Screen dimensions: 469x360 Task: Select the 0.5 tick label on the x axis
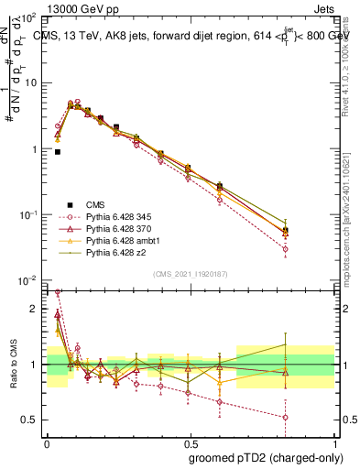(x=190, y=441)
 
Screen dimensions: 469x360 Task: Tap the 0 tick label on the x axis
(x=47, y=441)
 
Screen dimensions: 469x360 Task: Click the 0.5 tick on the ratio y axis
(x=33, y=420)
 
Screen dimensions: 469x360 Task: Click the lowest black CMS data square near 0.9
(x=58, y=152)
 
